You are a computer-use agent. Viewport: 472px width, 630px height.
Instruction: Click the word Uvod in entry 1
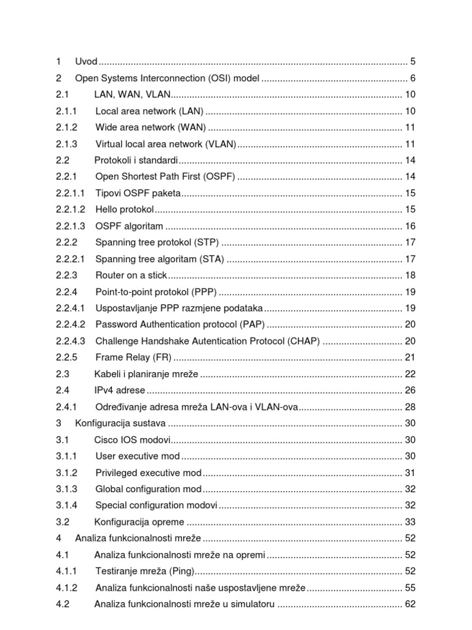coord(87,62)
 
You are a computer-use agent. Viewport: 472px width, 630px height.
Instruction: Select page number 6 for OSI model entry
coord(413,78)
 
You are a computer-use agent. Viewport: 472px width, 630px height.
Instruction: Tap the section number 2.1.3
coord(66,144)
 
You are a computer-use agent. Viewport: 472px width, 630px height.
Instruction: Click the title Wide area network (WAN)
coord(151,127)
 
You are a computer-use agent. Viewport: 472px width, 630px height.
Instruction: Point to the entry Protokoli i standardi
coord(136,161)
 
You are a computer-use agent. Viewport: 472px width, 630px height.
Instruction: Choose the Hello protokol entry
coord(125,210)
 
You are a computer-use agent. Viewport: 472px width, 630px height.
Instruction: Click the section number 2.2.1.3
coord(70,226)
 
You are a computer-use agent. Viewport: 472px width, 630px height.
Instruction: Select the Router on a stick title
coord(131,275)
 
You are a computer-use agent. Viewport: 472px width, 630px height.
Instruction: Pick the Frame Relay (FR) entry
coord(133,357)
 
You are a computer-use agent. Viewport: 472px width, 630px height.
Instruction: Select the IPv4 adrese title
coord(120,390)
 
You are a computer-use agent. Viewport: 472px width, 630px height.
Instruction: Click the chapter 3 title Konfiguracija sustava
coord(120,423)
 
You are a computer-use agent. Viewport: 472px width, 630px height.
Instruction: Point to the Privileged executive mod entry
coord(148,472)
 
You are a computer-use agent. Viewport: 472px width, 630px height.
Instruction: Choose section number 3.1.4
coord(66,505)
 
